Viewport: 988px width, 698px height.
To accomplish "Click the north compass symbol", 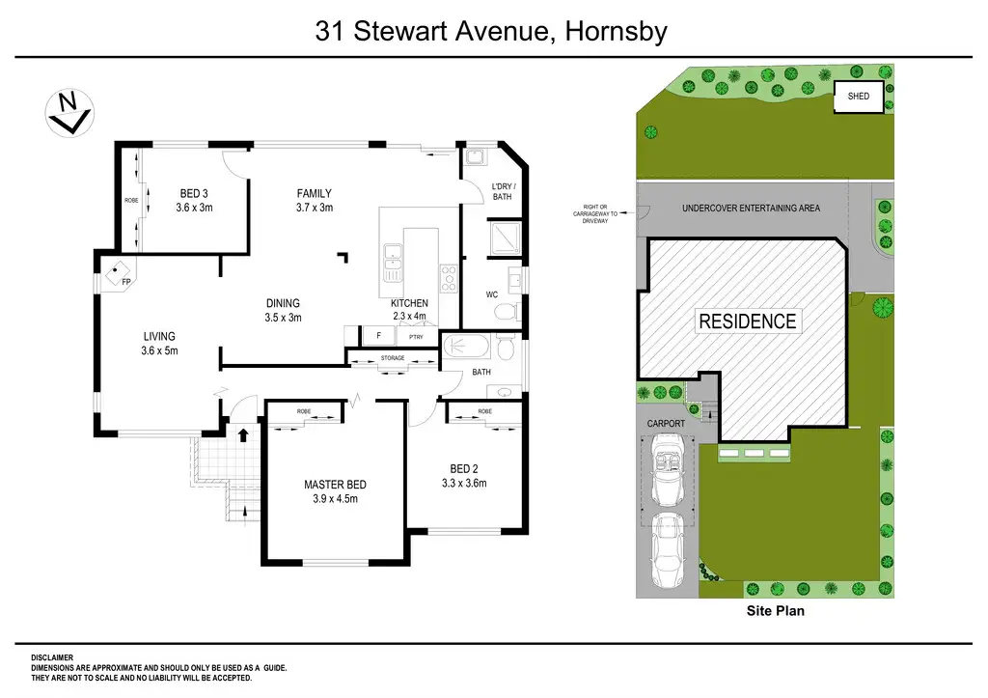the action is coord(69,113).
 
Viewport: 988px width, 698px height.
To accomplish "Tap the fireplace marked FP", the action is coord(119,273).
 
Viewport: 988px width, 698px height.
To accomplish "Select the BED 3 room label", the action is coord(193,201).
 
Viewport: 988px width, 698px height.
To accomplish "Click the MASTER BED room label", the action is coord(335,491).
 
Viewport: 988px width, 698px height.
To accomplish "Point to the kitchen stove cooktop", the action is coord(448,278).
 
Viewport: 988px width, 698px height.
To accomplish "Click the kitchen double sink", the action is coord(393,263).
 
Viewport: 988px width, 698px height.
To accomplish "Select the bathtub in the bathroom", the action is coord(466,347).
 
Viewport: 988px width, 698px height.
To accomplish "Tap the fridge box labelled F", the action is coord(378,335).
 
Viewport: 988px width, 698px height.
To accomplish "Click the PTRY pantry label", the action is coord(416,337).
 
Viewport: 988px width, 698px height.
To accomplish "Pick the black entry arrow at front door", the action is coord(242,434).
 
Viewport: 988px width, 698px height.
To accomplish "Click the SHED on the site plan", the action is coord(858,97).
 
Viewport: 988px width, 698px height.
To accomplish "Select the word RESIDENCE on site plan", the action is coord(748,321).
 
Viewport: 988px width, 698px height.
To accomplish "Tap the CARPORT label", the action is coord(666,424).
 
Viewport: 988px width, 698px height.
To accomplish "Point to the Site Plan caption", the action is coord(775,610).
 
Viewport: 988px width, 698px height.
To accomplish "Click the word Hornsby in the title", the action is coord(616,31).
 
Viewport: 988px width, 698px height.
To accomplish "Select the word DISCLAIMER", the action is coord(52,657).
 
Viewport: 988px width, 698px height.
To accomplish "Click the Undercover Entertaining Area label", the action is coord(751,209).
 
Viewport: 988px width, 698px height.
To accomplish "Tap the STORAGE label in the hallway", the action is coord(393,358).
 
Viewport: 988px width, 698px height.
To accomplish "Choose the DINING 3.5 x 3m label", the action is coord(283,310).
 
